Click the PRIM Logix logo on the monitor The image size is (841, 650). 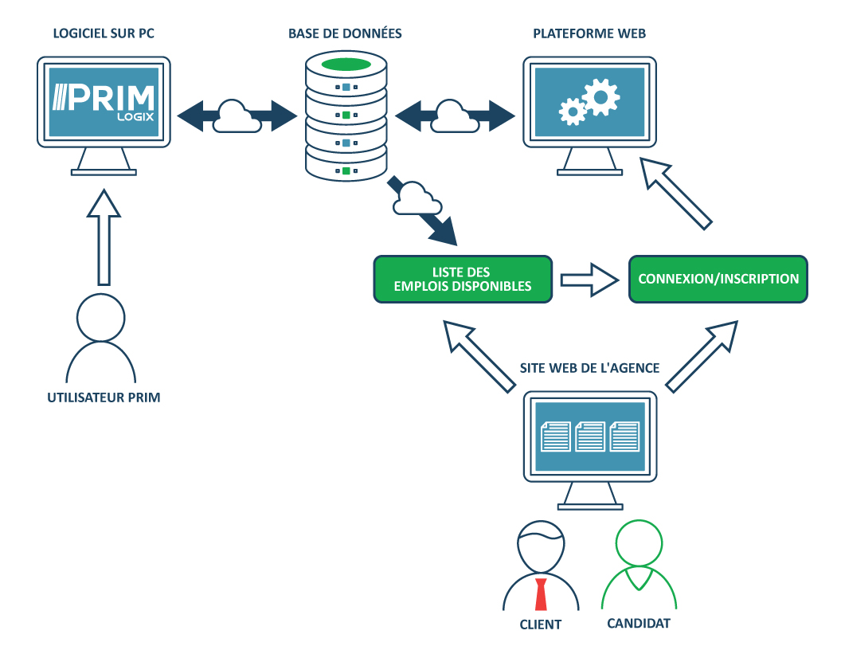click(x=104, y=102)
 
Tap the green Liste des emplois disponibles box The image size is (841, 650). click(x=463, y=279)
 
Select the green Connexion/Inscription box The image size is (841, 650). click(x=718, y=279)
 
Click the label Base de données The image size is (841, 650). click(x=345, y=33)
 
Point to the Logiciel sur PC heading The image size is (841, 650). click(x=104, y=33)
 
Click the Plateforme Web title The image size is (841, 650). click(x=589, y=33)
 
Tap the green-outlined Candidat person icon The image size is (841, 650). click(x=639, y=566)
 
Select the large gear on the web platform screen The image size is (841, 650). click(x=600, y=96)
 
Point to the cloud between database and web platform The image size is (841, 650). click(x=452, y=116)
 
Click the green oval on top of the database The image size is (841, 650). click(x=346, y=64)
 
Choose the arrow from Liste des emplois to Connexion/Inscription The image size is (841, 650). click(x=589, y=280)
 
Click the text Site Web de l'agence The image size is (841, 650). click(x=589, y=368)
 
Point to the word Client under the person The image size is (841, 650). click(x=540, y=625)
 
